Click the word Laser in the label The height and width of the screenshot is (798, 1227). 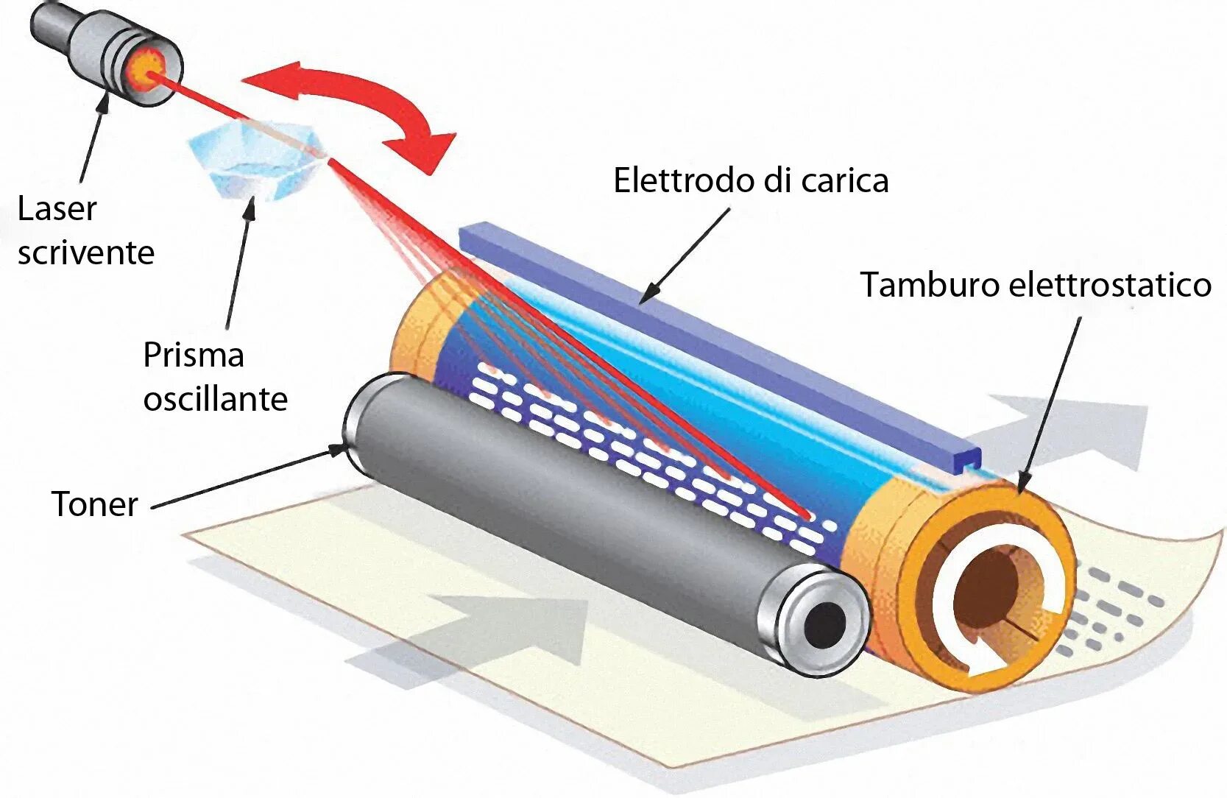[57, 209]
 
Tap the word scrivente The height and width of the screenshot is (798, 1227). [86, 253]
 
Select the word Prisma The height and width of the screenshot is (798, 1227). [193, 355]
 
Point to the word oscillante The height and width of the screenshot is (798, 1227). [215, 400]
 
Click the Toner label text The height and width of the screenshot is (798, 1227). [95, 505]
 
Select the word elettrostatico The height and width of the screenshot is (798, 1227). [1109, 285]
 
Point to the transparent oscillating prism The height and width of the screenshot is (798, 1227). [254, 162]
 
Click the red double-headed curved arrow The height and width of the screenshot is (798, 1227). [353, 103]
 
